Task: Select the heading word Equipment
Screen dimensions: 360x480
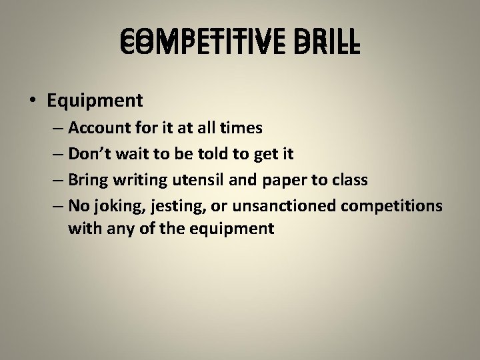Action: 95,101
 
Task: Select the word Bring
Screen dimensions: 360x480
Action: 86,181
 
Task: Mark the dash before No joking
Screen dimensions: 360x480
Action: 56,207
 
